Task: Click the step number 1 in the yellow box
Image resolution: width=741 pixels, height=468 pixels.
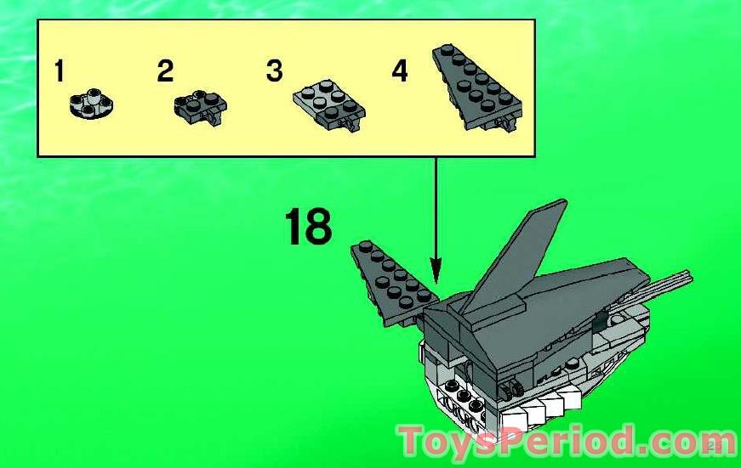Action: (59, 70)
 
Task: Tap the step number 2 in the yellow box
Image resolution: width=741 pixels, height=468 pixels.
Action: (165, 70)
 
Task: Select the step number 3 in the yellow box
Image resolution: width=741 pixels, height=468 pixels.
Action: (273, 70)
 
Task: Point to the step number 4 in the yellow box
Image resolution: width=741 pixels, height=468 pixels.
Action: (400, 70)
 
